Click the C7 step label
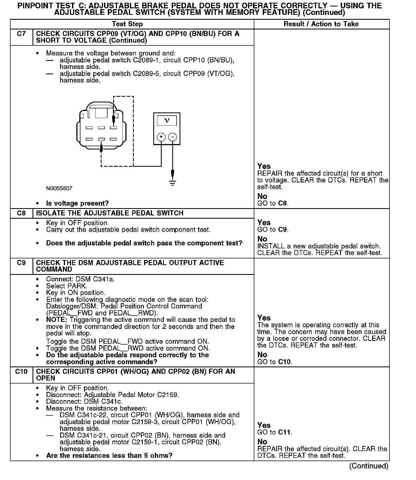(x=21, y=34)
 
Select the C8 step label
(x=21, y=213)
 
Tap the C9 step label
(x=21, y=263)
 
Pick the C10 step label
(x=21, y=372)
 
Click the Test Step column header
(x=127, y=24)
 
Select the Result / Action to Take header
(x=321, y=24)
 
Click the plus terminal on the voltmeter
(x=161, y=137)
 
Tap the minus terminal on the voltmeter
(x=173, y=137)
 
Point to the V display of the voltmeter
(x=167, y=121)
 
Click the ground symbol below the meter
(x=173, y=183)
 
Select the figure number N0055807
(x=59, y=188)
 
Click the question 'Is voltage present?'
(x=77, y=203)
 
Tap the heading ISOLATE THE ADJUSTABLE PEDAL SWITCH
(x=110, y=213)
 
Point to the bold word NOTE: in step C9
(x=56, y=320)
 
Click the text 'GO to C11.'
(x=275, y=432)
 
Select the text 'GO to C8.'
(x=273, y=203)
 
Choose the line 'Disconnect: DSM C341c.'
(x=84, y=402)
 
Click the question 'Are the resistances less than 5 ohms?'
(x=109, y=455)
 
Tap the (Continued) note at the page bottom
(x=369, y=466)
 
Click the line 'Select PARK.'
(x=67, y=286)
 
